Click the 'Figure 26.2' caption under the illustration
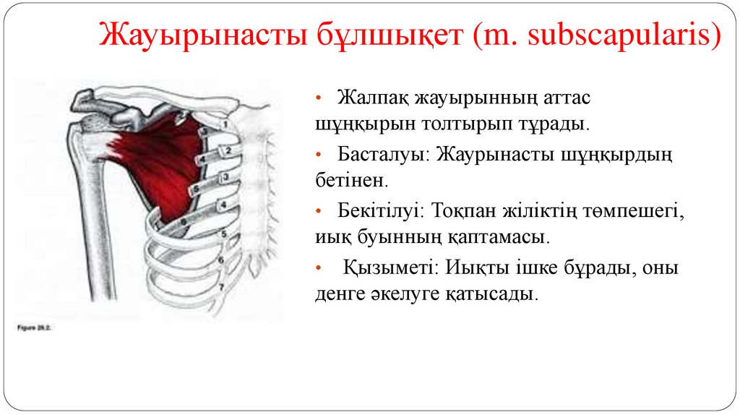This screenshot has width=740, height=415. (35, 327)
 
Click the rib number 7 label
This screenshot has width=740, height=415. (222, 286)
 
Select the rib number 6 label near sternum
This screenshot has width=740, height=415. (222, 259)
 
